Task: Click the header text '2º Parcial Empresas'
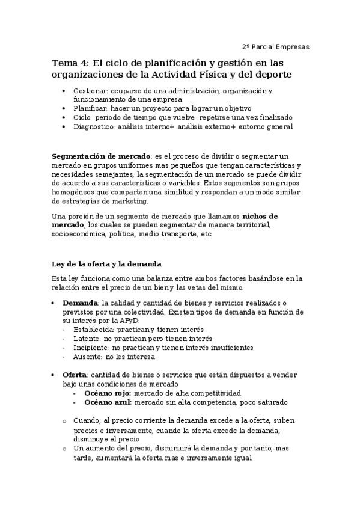click(276, 47)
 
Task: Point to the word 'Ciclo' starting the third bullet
click(82, 117)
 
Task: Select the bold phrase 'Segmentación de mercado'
click(102, 155)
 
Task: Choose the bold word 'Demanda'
click(81, 303)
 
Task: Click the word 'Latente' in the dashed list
click(87, 339)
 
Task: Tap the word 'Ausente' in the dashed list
click(87, 357)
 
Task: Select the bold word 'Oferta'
click(76, 375)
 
